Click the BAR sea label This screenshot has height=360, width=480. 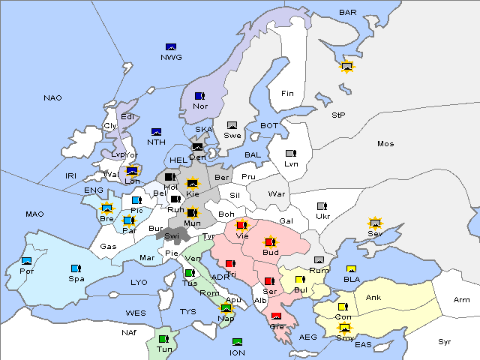348,12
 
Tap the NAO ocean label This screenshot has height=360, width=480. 52,97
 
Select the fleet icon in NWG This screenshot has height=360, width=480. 170,47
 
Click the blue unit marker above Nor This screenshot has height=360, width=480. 199,96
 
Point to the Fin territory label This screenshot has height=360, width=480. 287,93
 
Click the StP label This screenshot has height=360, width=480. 338,115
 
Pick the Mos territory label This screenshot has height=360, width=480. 385,143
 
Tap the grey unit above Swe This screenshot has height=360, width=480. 232,125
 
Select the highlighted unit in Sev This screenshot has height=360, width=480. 375,223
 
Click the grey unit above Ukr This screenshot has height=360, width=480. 322,206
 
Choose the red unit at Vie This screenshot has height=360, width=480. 241,224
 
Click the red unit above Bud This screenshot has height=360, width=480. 270,242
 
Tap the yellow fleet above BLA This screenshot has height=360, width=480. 350,269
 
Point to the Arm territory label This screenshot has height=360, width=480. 462,300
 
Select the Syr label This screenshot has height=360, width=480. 445,341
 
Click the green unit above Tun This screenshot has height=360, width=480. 163,339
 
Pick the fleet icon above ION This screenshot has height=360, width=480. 237,342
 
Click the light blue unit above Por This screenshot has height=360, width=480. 27,260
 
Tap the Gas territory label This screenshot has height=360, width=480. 109,246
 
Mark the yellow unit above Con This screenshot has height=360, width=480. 343,307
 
